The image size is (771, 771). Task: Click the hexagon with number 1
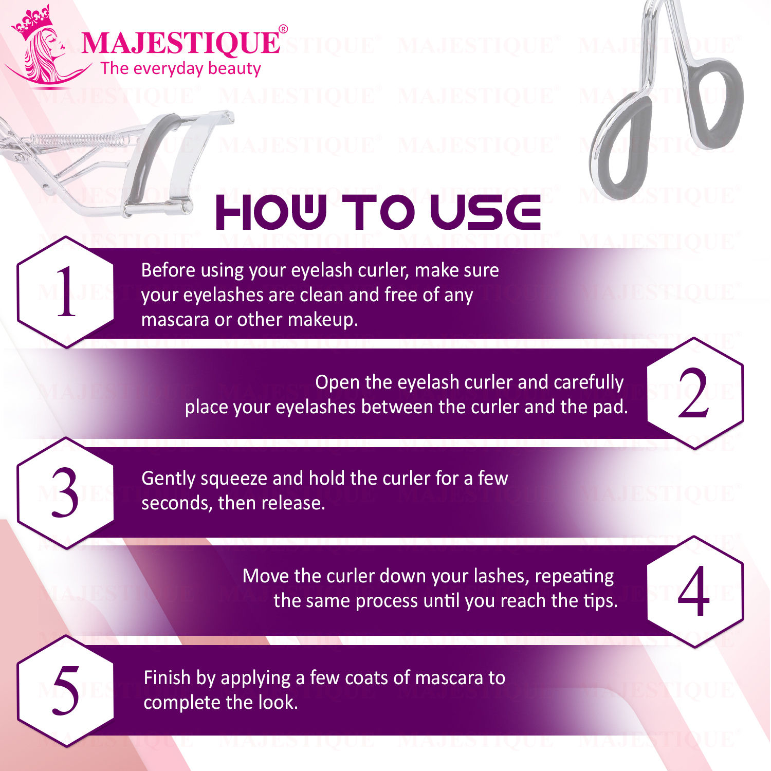tap(66, 292)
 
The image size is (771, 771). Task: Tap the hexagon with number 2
tap(694, 393)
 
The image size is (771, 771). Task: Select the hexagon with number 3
tap(66, 493)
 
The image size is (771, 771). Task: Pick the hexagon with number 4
tap(694, 592)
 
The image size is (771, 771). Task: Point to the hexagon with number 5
tap(66, 690)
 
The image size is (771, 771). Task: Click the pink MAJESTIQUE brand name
tap(180, 43)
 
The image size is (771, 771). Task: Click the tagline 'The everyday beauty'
tap(181, 68)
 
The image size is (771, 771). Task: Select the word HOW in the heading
tap(271, 212)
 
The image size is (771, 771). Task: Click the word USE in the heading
tap(485, 212)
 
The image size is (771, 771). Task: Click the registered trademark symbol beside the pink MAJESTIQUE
tap(283, 29)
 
